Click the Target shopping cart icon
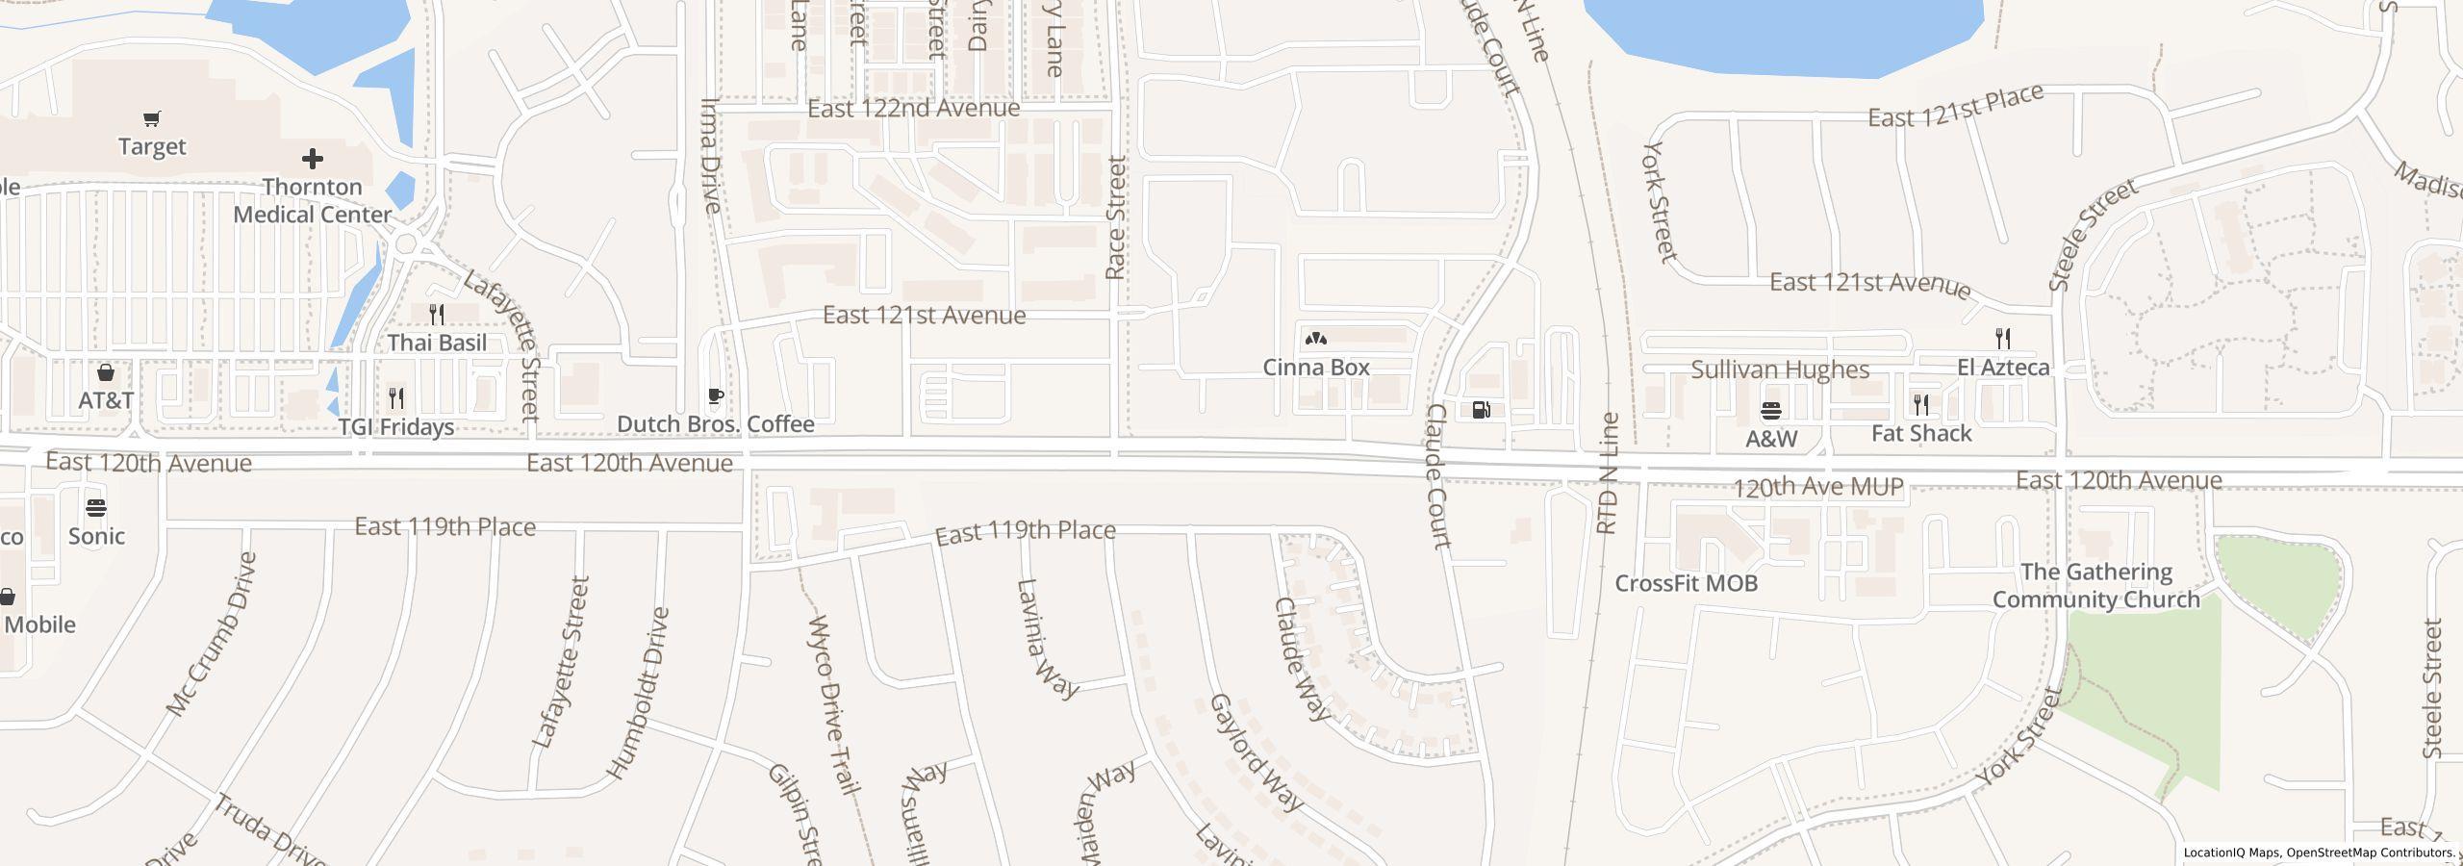(x=151, y=119)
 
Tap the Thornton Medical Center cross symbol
(x=312, y=159)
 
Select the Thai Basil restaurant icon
(x=436, y=314)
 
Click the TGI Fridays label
(x=396, y=426)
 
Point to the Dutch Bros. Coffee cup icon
(x=715, y=395)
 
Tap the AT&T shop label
(x=106, y=400)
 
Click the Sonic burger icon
(x=96, y=508)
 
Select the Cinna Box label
(x=1315, y=368)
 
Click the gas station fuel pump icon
(x=1482, y=410)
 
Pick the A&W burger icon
(x=1771, y=411)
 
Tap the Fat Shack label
(x=1921, y=434)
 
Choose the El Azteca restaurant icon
(x=2003, y=338)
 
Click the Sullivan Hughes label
(x=1780, y=370)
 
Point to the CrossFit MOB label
(x=1686, y=583)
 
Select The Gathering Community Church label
(x=2095, y=586)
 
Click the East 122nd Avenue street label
(x=913, y=109)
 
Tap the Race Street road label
(x=1116, y=219)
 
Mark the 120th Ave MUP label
(x=1817, y=488)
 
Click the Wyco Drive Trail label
(x=833, y=704)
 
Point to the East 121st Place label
(x=1955, y=107)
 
